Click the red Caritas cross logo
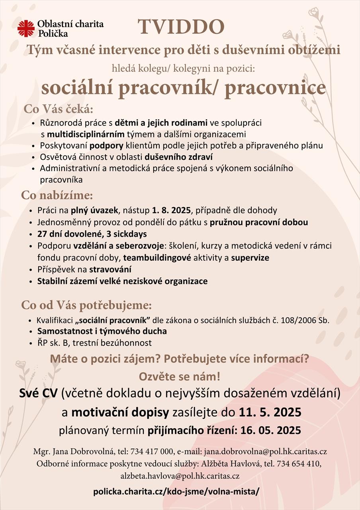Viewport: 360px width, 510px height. click(x=26, y=28)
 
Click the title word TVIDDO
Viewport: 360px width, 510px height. click(x=181, y=27)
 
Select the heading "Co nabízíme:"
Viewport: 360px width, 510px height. click(x=57, y=196)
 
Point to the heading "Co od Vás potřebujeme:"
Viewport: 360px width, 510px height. click(x=86, y=306)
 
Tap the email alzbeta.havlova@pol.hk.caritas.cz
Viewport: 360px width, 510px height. click(x=180, y=476)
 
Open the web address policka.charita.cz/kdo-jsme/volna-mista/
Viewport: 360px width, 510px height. click(x=176, y=492)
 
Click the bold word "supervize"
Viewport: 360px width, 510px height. click(x=250, y=258)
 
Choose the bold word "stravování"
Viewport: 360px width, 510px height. click(x=110, y=269)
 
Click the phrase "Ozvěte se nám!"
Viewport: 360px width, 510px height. click(x=180, y=376)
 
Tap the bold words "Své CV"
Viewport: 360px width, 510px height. click(x=38, y=394)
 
